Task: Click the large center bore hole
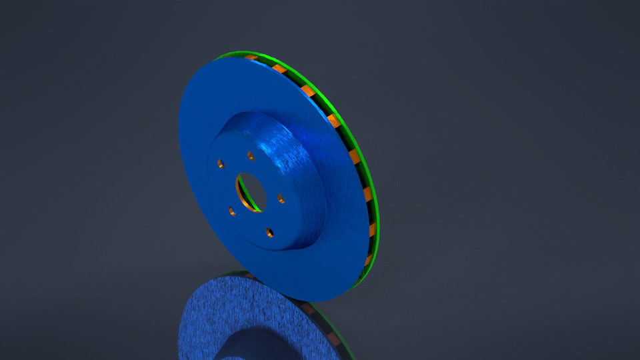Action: tap(251, 193)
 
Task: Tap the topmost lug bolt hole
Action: tap(251, 156)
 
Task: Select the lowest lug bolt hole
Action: tap(269, 232)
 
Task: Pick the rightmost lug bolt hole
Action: tap(281, 198)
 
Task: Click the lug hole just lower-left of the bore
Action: tap(232, 211)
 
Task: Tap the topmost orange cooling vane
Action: tap(252, 58)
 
